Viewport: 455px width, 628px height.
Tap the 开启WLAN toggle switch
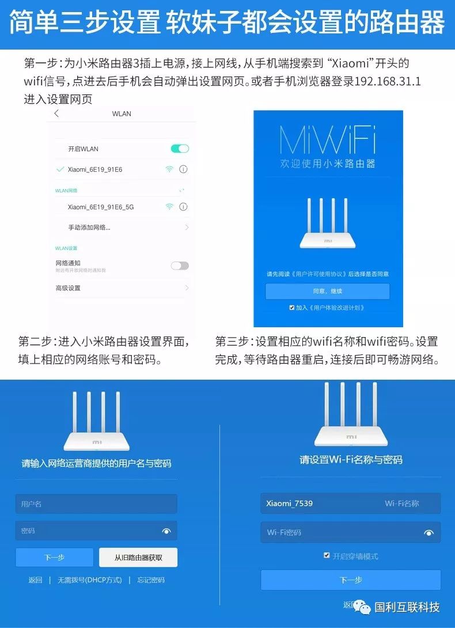pos(180,149)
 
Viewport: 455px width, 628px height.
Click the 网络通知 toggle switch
pos(180,266)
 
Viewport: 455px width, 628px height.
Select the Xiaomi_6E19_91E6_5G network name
pos(101,207)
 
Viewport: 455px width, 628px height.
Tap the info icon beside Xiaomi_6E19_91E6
pos(184,169)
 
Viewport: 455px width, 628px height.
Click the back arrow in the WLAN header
pos(56,114)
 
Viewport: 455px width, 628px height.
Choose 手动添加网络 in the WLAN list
pos(89,228)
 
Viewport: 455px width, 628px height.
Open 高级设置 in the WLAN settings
pos(68,288)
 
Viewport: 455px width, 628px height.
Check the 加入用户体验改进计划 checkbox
pos(292,308)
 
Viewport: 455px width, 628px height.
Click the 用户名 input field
pos(96,504)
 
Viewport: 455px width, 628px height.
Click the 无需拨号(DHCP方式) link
pos(89,580)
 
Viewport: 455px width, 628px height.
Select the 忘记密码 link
pos(151,580)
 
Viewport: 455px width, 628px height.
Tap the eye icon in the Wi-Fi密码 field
pos(429,533)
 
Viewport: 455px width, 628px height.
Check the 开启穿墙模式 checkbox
pos(327,556)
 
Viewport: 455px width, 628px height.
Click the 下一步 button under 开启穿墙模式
pos(350,580)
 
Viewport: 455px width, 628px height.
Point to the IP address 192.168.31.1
pos(387,81)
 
